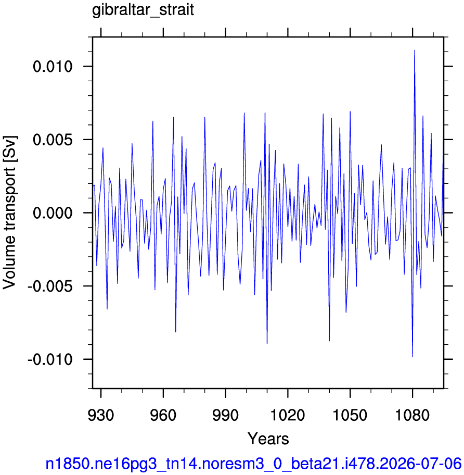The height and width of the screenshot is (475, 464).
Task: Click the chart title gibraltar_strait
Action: tap(143, 10)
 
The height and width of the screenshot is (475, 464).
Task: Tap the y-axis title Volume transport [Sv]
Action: tap(9, 213)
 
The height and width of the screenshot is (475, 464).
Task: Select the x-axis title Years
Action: tap(268, 439)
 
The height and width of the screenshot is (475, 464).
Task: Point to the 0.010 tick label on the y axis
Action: tap(53, 66)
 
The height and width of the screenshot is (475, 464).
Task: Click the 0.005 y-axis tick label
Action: tap(53, 140)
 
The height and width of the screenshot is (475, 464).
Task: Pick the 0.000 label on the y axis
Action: tap(53, 213)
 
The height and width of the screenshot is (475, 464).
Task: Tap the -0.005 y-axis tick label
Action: tap(50, 286)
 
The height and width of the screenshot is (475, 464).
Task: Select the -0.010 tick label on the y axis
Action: tap(50, 359)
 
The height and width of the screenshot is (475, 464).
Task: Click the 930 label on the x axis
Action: tap(101, 415)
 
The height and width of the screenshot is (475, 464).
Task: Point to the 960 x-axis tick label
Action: tap(163, 415)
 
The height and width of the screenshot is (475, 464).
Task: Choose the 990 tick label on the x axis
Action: tap(225, 415)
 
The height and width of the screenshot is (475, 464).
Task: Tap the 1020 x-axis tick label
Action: tap(288, 415)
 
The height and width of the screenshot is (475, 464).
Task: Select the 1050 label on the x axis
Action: tap(350, 415)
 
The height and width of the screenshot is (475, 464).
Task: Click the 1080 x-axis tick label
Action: tap(413, 415)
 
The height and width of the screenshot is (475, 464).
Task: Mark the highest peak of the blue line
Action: tap(415, 51)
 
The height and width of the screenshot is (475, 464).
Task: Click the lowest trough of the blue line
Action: tap(413, 357)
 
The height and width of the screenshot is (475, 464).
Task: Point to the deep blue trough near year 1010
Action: tap(267, 343)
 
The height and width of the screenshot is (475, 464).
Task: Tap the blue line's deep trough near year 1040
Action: tap(329, 341)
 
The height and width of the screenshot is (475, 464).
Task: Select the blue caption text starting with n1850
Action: tap(253, 464)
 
